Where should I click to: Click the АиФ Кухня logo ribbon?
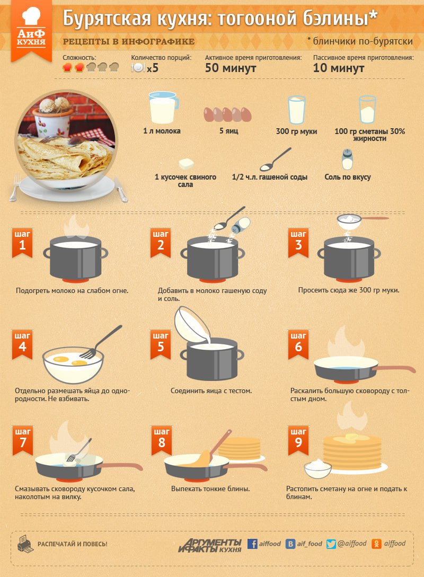pos(31,31)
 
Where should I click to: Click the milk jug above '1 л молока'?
pos(163,107)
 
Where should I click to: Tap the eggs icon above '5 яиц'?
pos(228,114)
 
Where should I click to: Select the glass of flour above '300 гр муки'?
pos(296,110)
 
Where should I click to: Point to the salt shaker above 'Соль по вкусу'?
pos(347,159)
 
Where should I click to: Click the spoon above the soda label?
pos(275,159)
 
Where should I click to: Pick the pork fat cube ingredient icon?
pos(186,164)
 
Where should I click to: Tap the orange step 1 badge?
pos(22,243)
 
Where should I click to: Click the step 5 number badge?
pos(161,344)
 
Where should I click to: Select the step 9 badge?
pos(298,440)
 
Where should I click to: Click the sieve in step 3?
pos(363,221)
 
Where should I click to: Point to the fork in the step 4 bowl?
pos(100,342)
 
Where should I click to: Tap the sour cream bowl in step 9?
pos(317,468)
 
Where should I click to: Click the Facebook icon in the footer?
pos(252,544)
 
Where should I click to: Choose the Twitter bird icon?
pos(331,544)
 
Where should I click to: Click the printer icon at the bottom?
pos(25,544)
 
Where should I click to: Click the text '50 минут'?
pos(231,68)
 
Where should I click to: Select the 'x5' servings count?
pos(153,68)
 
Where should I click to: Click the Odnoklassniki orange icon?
pos(376,544)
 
